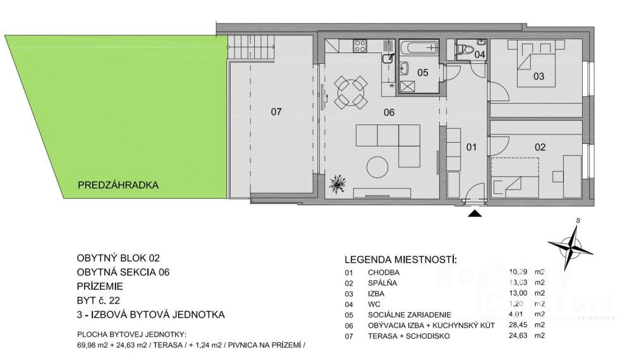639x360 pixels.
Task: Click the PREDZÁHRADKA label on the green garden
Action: point(118,185)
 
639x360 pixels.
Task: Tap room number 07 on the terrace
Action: point(276,111)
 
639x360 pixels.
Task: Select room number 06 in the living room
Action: point(389,112)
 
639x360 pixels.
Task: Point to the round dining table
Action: point(351,92)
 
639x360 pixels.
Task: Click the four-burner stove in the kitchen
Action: point(360,45)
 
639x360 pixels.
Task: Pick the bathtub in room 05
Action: point(419,48)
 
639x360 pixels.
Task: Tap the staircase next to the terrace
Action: point(252,48)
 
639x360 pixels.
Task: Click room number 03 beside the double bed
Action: point(539,76)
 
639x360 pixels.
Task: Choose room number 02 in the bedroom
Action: point(540,147)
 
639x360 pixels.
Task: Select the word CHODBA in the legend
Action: point(384,272)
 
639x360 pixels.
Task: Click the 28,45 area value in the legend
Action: point(518,325)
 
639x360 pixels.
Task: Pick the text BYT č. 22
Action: point(98,301)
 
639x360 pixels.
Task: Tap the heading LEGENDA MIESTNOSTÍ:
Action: point(401,260)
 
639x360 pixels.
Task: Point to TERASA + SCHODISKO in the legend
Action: point(409,336)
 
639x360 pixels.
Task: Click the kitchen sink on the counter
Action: point(388,59)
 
